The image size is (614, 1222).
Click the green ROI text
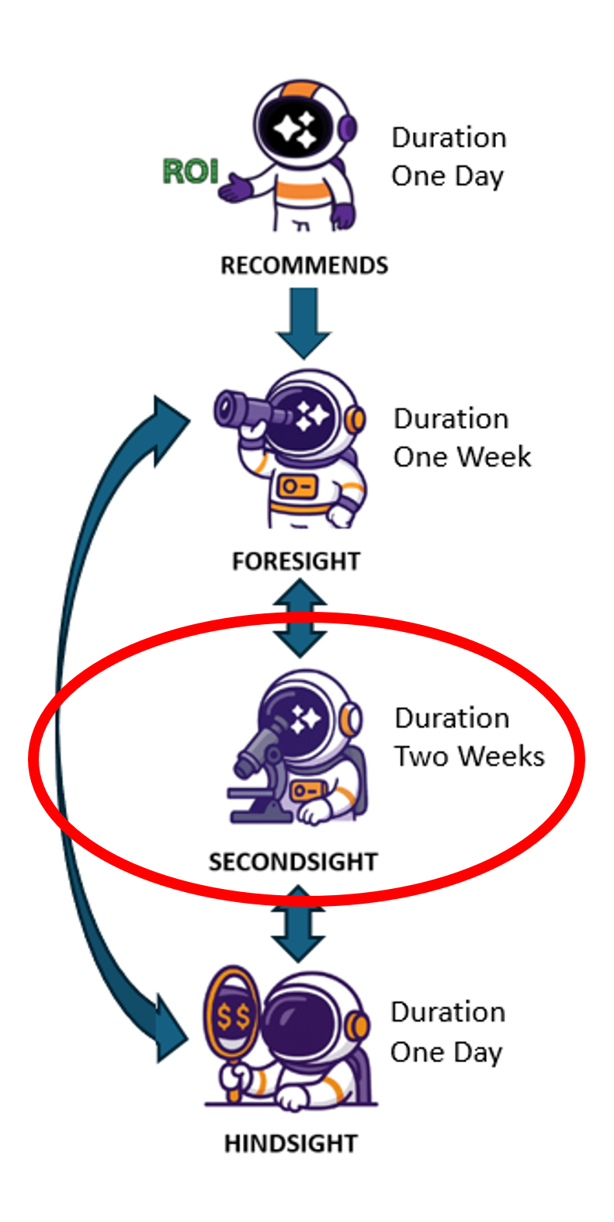tap(190, 171)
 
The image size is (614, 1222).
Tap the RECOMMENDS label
tap(304, 266)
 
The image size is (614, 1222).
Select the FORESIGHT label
tap(296, 561)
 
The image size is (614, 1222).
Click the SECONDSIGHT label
tap(293, 862)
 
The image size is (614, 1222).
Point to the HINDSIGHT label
tap(290, 1143)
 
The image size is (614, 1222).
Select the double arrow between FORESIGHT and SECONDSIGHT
tap(300, 617)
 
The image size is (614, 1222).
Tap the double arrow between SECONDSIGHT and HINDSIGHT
tap(298, 923)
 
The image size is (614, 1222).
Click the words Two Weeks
tap(469, 756)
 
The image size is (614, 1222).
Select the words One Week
tap(462, 457)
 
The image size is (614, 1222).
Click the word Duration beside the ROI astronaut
tap(449, 137)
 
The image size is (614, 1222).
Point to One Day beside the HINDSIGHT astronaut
tap(446, 1053)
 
